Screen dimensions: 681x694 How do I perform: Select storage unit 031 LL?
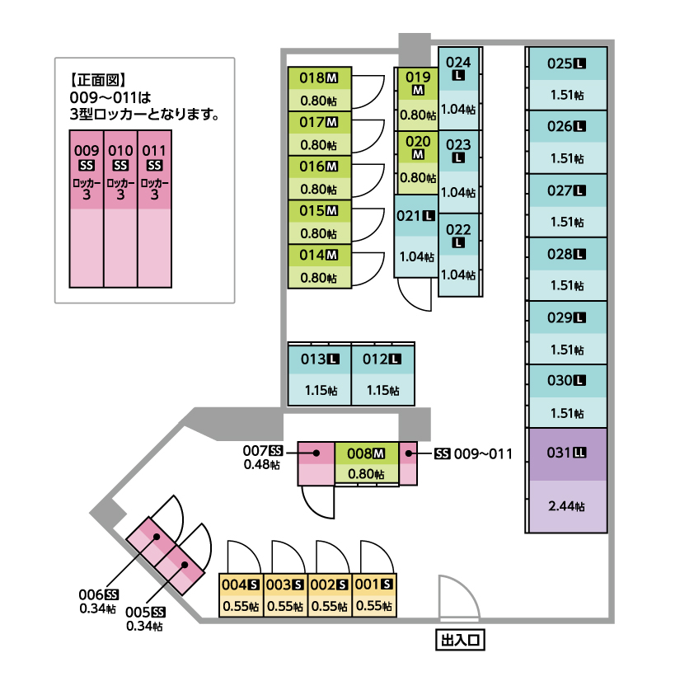567,453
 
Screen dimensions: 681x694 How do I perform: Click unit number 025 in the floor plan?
560,63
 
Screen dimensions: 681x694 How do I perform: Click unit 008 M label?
366,453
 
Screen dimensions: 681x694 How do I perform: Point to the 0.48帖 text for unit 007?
261,465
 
